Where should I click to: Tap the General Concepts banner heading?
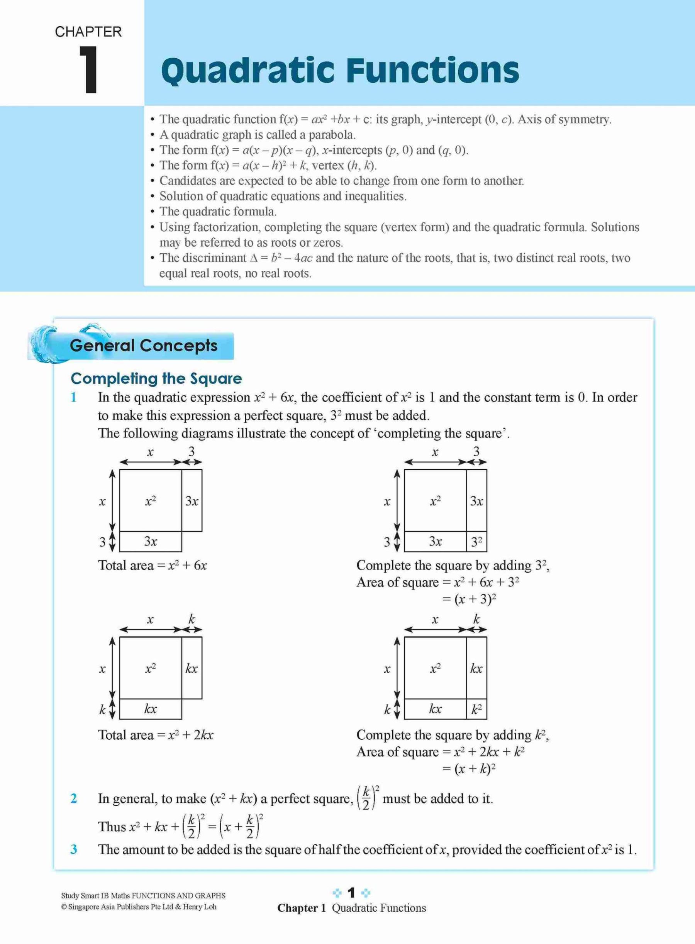(144, 346)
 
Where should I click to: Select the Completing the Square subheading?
(156, 378)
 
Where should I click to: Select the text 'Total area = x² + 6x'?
(152, 565)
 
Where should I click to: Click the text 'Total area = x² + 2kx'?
(156, 735)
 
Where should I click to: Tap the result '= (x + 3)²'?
(469, 599)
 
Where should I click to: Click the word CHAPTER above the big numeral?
(88, 32)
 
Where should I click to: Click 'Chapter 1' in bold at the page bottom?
(301, 908)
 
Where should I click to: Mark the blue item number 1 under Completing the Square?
(74, 397)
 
